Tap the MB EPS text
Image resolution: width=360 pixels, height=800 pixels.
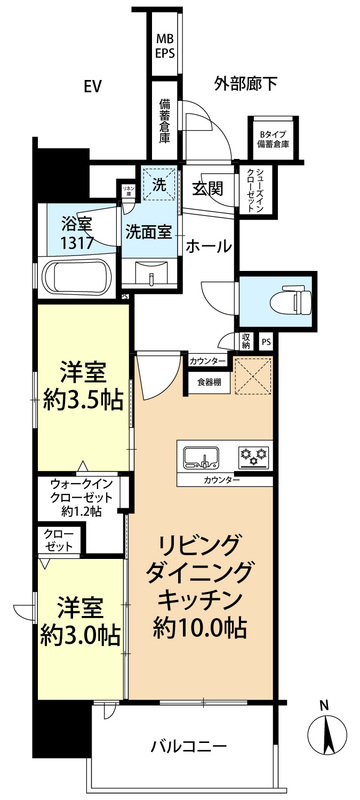pyautogui.click(x=164, y=48)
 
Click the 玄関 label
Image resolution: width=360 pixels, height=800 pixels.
pyautogui.click(x=207, y=187)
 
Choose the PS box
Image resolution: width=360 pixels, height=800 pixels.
pyautogui.click(x=265, y=342)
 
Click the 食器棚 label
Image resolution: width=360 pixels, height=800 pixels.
pyautogui.click(x=209, y=381)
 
